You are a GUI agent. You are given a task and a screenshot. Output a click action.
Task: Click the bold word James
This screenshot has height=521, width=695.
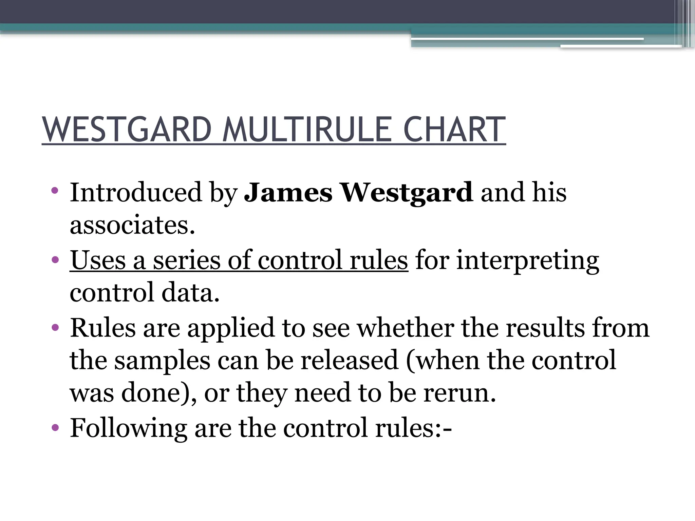pyautogui.click(x=288, y=192)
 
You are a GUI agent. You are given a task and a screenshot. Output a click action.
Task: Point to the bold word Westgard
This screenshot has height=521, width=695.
pyautogui.click(x=407, y=192)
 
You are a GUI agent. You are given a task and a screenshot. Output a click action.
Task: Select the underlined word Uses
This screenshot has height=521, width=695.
pyautogui.click(x=98, y=260)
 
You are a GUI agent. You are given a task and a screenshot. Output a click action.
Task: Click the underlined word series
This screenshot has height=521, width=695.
pyautogui.click(x=187, y=260)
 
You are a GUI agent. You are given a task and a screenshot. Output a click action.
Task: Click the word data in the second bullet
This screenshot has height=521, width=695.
pyautogui.click(x=190, y=292)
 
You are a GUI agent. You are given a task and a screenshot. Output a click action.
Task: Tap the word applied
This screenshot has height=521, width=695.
pyautogui.click(x=231, y=328)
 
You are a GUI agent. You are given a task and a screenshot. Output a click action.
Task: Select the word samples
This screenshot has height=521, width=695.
pyautogui.click(x=162, y=361)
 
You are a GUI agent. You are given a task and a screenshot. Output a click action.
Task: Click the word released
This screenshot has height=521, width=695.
pyautogui.click(x=349, y=360)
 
